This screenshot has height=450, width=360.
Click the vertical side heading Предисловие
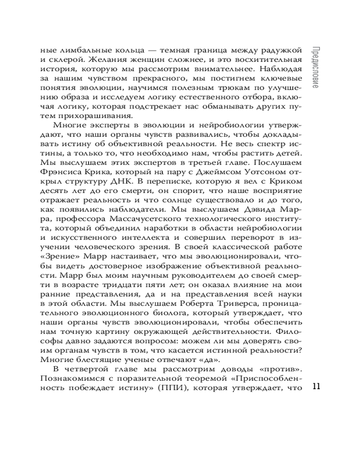[x=315, y=68]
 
